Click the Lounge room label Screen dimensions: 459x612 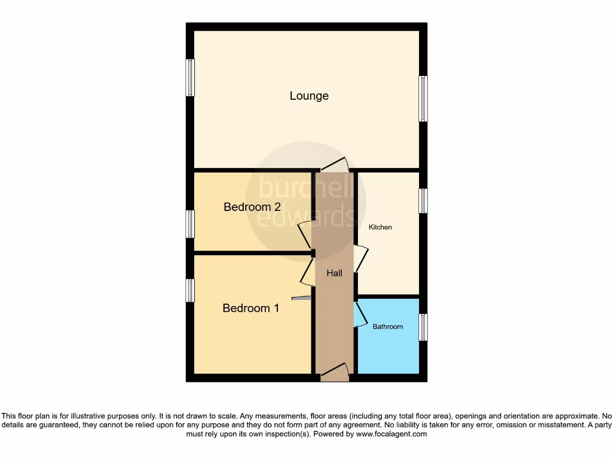(309, 96)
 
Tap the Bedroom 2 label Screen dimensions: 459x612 (252, 207)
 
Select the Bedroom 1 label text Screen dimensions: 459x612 (250, 308)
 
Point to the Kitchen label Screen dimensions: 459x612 (380, 227)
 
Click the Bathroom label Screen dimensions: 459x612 (388, 326)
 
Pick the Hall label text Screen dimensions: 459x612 (335, 273)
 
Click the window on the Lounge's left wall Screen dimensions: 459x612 (190, 77)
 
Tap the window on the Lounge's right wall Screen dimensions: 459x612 (423, 99)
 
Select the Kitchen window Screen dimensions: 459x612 (423, 201)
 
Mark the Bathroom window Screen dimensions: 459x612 (423, 328)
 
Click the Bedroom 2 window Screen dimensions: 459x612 (190, 224)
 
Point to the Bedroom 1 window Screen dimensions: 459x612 (190, 290)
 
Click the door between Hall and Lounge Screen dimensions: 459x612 (333, 165)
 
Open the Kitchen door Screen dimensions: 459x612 (360, 259)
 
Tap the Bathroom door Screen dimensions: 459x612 (360, 315)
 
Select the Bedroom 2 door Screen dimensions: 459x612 (305, 234)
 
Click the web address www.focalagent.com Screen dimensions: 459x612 (391, 434)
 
